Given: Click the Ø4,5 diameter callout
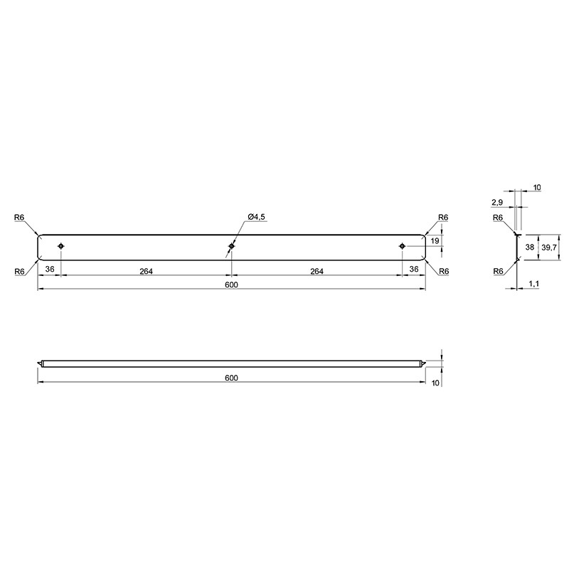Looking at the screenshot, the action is click(x=257, y=217).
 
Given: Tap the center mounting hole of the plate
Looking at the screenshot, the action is click(x=232, y=246).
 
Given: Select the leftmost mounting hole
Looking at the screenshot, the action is click(x=61, y=246).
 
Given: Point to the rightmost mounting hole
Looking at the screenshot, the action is click(x=402, y=246).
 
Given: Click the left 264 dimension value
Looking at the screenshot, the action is click(x=147, y=271).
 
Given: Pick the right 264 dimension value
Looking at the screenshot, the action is click(x=317, y=271).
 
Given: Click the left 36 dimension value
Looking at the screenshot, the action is click(x=50, y=270).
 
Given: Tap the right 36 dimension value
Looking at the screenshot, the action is click(x=414, y=270).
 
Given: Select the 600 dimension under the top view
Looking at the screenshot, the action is click(x=231, y=285).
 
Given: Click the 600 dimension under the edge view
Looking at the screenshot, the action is click(x=231, y=378).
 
